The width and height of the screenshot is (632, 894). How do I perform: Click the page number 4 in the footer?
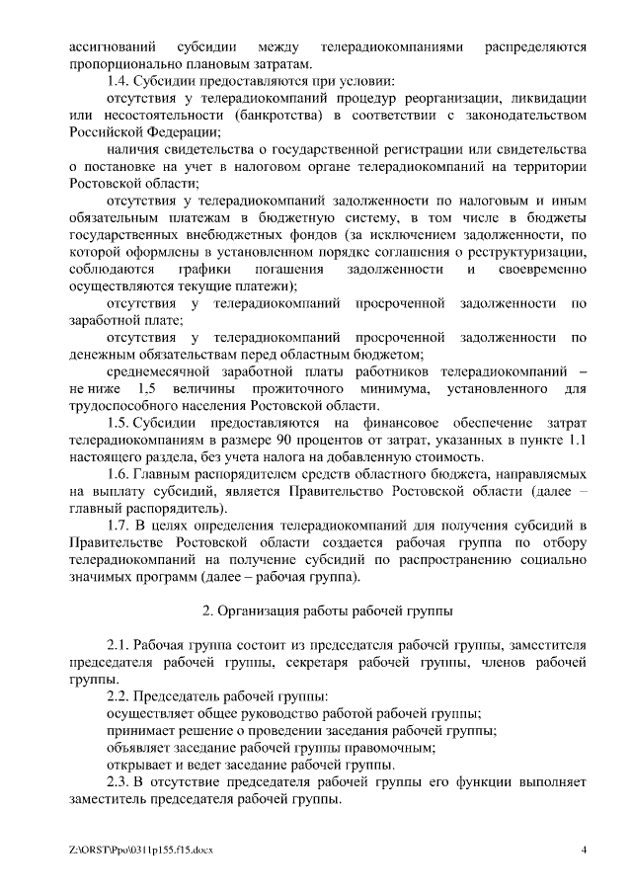pyautogui.click(x=584, y=851)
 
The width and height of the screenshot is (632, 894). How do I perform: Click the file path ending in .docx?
pyautogui.click(x=142, y=851)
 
